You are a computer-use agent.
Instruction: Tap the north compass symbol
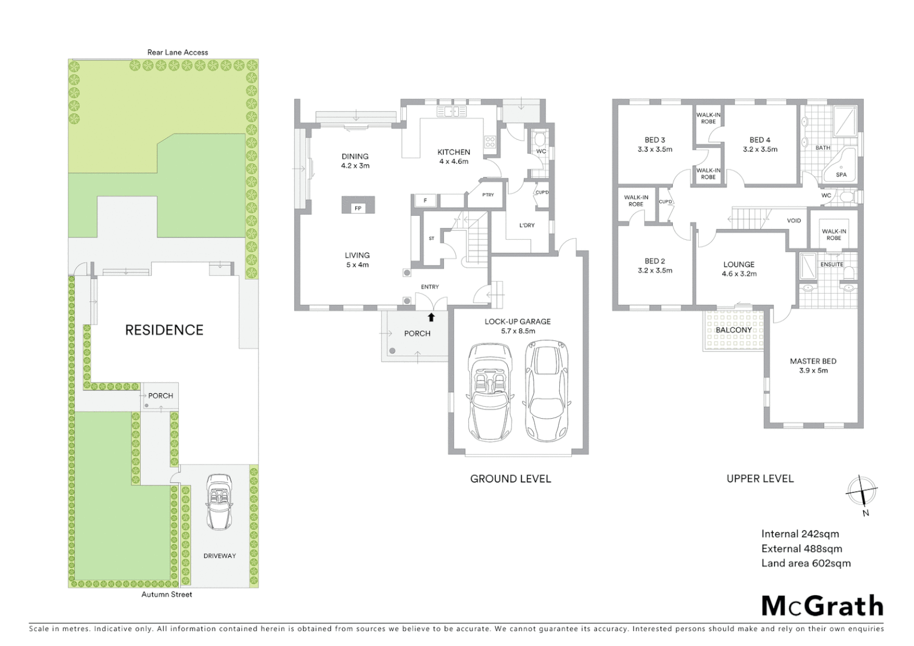861,493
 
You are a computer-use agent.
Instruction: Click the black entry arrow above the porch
431,317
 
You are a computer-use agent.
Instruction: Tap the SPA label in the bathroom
841,175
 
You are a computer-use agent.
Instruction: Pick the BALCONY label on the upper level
734,330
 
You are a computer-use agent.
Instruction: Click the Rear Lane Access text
178,53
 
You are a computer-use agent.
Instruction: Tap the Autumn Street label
167,595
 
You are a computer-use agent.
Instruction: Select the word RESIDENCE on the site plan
164,330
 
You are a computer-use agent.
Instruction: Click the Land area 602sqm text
806,563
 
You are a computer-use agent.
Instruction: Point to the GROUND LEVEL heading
510,479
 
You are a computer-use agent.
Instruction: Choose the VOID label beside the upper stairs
794,221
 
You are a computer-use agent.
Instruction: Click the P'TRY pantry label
488,195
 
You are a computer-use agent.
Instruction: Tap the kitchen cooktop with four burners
490,142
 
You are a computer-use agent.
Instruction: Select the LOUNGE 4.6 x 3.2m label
739,269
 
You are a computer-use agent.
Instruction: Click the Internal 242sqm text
800,534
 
